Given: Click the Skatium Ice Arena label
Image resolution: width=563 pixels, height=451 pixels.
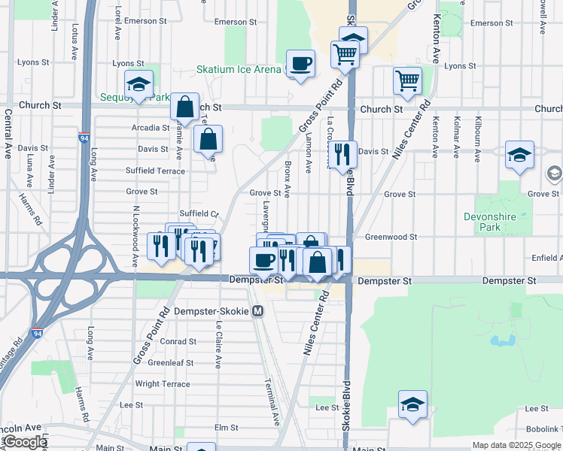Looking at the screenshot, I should coord(239,70).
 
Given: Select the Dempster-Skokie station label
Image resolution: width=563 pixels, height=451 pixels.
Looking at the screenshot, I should coord(212,310).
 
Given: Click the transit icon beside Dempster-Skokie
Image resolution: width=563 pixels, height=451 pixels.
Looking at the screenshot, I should coord(258,310).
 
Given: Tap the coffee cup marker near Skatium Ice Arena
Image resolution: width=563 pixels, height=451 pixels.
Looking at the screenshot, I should coord(301,63).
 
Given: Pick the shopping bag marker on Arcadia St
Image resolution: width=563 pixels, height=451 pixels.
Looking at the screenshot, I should coord(184,107).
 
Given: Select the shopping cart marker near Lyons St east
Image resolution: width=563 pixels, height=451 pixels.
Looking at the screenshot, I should coord(407,80).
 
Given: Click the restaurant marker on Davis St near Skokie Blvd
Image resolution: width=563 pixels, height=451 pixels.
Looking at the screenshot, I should coord(342,154).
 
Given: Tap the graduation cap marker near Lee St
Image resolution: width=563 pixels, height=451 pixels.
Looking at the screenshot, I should coord(412,404).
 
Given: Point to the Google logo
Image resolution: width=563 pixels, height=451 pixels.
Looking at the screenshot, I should coord(25,442).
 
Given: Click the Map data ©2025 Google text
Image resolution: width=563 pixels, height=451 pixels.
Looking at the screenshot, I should coord(516,445).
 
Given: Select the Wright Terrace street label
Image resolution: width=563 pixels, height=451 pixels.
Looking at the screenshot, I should coord(163,384).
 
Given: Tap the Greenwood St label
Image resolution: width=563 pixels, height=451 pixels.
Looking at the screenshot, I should coord(391,237).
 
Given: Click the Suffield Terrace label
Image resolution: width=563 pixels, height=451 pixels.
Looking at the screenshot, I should coord(155,171).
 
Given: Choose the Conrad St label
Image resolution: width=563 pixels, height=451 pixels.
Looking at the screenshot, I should coord(178,341).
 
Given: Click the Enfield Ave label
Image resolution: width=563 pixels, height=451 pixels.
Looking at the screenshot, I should coord(546,258).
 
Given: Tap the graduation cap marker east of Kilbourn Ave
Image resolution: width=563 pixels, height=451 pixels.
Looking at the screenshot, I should coord(519,155).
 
